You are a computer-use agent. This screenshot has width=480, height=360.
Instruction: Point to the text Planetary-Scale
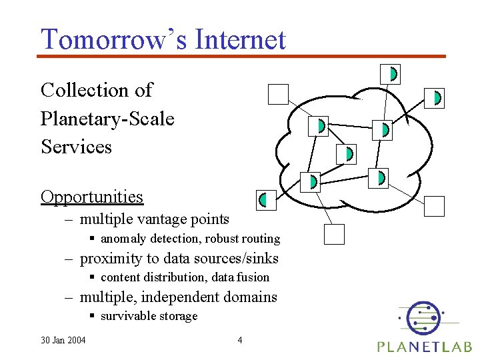coord(107,119)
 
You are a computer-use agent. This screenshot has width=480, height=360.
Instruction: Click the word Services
coord(76,147)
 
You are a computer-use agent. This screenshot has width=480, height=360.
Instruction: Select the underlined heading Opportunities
coord(92,197)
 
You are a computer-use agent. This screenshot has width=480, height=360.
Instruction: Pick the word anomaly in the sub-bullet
coord(125,239)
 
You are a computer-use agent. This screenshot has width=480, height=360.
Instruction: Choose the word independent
coord(180,297)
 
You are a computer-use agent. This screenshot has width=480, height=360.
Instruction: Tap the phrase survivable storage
coord(149,316)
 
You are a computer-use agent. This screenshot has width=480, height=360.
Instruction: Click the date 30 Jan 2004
coord(63,341)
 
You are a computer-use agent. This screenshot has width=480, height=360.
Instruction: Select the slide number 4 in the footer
coord(240,341)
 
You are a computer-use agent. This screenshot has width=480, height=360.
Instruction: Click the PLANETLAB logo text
coord(424,346)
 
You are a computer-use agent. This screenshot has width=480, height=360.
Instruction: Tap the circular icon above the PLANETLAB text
coord(422,317)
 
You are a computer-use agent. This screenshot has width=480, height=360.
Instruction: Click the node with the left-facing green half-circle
coord(266,199)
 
